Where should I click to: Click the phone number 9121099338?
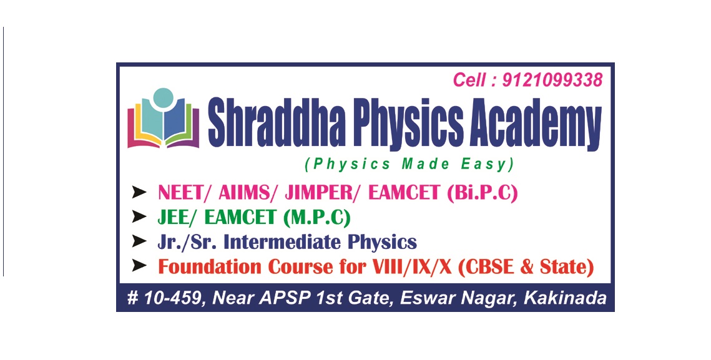pyautogui.click(x=552, y=80)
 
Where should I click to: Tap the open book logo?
pyautogui.click(x=164, y=118)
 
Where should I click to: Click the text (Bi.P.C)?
pyautogui.click(x=482, y=193)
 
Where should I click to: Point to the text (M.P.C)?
pyautogui.click(x=316, y=218)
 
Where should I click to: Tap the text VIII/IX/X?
pyautogui.click(x=412, y=266)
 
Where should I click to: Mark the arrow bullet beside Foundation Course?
pyautogui.click(x=139, y=266)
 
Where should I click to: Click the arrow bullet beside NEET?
pyautogui.click(x=139, y=192)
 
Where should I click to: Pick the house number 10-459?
pyautogui.click(x=172, y=298)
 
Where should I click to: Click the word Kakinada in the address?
pyautogui.click(x=565, y=298)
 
